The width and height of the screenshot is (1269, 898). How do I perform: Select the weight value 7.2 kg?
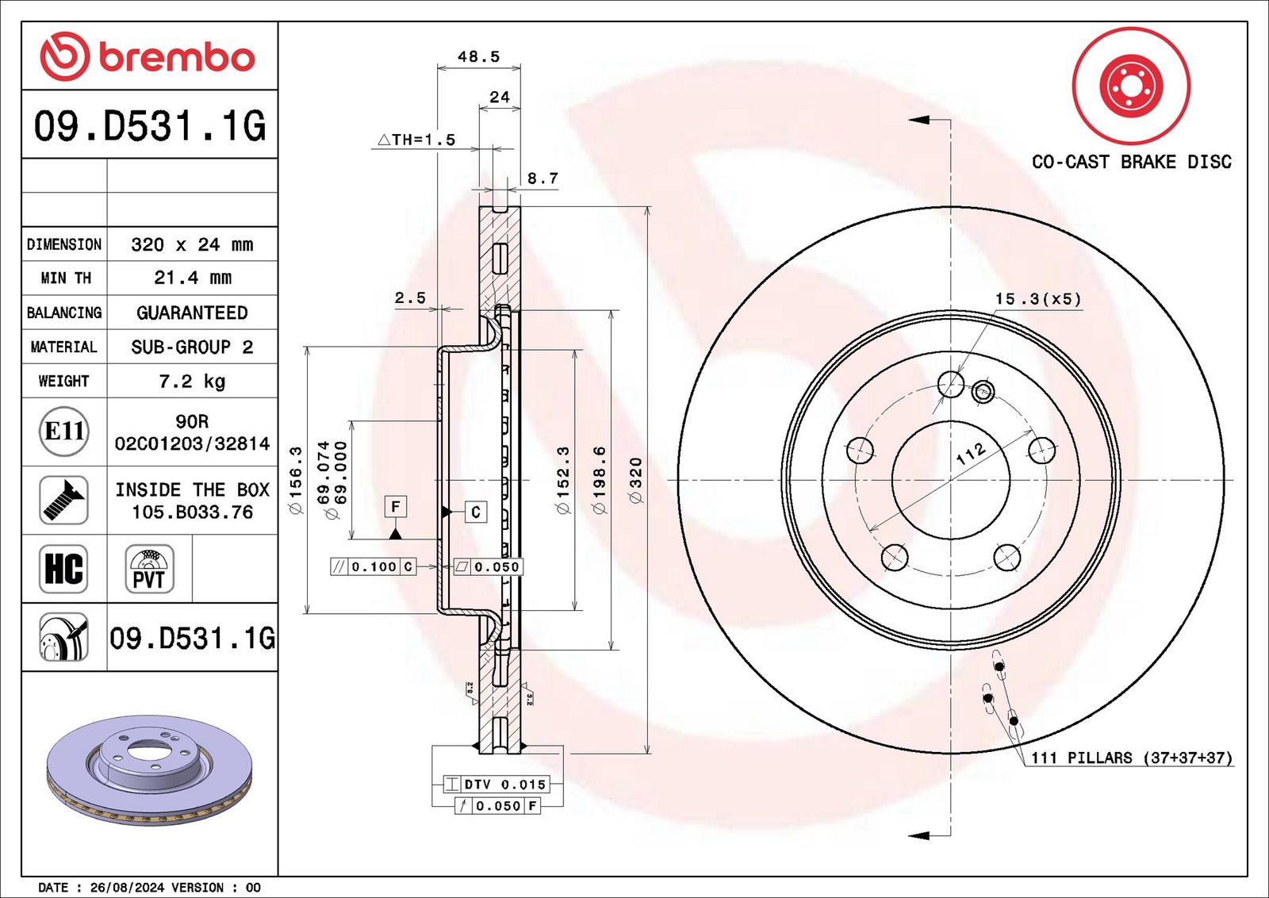point(192,382)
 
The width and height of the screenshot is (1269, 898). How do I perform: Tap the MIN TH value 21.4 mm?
point(193,278)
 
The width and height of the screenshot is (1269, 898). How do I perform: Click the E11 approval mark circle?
point(64,432)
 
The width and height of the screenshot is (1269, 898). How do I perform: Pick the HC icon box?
point(63,569)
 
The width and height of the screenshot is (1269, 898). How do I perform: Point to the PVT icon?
point(150,569)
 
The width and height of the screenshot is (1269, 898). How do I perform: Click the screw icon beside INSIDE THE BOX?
point(63,501)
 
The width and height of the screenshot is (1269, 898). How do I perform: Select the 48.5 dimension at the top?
point(479,56)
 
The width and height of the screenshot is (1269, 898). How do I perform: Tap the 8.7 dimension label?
point(542,178)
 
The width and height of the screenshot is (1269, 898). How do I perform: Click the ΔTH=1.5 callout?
point(416,140)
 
